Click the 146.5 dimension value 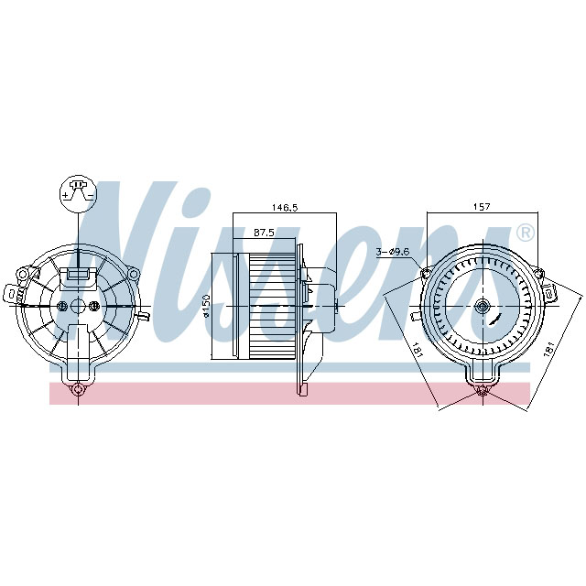click(285, 208)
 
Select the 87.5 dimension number click(266, 233)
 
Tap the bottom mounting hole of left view click(78, 391)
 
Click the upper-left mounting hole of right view click(427, 272)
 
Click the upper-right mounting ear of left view click(133, 273)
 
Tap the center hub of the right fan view click(483, 307)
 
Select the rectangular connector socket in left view click(78, 273)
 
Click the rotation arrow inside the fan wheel click(495, 320)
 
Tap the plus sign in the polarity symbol click(67, 195)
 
